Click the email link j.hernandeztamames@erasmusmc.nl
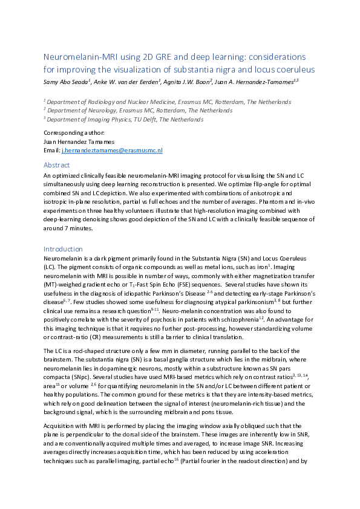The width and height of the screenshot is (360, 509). (x=113, y=150)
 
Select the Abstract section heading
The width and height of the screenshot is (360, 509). (x=56, y=164)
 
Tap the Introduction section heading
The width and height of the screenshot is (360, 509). (x=63, y=248)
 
